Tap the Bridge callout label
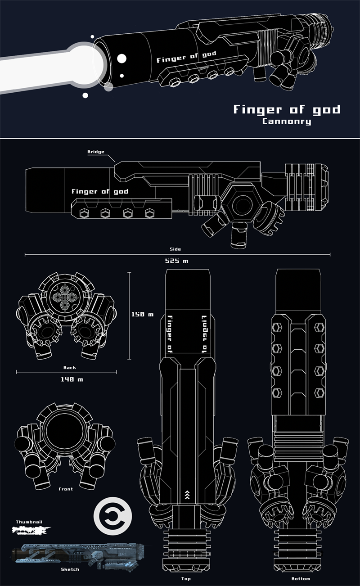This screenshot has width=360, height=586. (x=95, y=152)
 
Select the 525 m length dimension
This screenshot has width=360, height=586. (x=176, y=261)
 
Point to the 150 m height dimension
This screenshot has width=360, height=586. (x=142, y=314)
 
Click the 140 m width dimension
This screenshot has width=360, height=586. (x=72, y=379)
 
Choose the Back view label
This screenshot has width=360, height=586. (x=70, y=368)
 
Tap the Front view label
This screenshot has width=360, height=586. (x=66, y=489)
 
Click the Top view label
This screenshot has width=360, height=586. (x=186, y=579)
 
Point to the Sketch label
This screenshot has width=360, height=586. (x=70, y=569)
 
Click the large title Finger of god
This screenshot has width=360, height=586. (x=287, y=109)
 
